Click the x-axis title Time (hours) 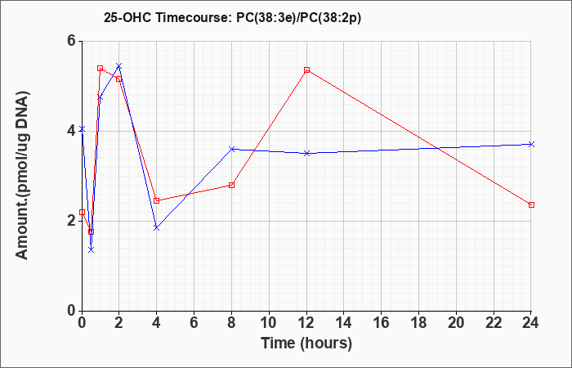coord(306,343)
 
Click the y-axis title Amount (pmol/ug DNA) coord(23,176)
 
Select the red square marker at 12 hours coord(306,70)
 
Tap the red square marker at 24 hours coord(531,204)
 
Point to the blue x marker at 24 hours coord(531,144)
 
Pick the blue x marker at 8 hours coord(231,149)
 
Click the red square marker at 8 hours coord(231,185)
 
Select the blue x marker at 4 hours coord(157,228)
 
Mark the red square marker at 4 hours coord(157,200)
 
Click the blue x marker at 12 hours coord(306,154)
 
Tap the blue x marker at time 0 coord(82,129)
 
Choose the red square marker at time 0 coord(82,212)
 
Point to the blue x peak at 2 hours coord(119,65)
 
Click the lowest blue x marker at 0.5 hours coord(92,249)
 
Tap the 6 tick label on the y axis coord(72,41)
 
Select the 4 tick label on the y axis coord(72,131)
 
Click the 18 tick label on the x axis coord(419,323)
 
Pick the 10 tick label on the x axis coord(269,323)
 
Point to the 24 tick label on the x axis coord(531,323)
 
